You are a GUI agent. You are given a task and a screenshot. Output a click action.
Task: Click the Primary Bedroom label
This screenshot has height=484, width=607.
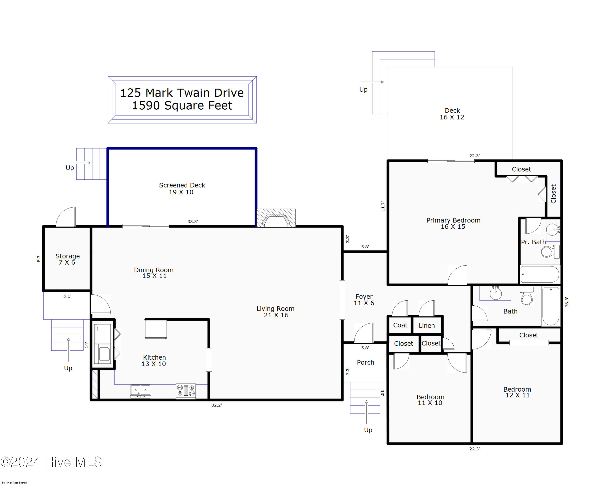[453, 220]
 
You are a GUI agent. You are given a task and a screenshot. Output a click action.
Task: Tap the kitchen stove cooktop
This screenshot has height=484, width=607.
[186, 391]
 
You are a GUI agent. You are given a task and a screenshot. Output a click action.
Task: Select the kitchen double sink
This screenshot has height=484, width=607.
[140, 391]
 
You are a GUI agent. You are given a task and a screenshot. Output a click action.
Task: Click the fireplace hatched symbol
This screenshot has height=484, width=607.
[276, 218]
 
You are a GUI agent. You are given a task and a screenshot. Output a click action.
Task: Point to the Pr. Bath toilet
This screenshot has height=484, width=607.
[550, 251]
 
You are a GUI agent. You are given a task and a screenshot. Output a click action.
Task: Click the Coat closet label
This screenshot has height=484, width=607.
[400, 325]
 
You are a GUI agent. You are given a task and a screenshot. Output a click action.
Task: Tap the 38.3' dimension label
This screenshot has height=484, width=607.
[193, 222]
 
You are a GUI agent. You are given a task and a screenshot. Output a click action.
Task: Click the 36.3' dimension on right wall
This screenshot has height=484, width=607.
[567, 302]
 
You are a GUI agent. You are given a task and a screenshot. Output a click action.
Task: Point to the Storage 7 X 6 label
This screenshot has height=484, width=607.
[67, 259]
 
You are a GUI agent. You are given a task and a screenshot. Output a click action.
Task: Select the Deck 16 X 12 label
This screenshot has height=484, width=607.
[452, 114]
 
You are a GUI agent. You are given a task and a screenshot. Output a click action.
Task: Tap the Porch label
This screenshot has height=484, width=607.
[365, 362]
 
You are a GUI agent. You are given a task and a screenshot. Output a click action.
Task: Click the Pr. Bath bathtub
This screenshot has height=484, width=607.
[540, 274]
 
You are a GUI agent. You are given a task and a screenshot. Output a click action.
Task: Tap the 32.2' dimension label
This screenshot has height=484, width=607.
[216, 405]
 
